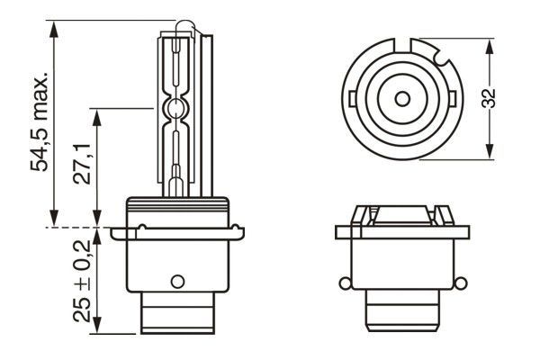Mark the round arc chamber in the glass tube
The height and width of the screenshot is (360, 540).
[176, 111]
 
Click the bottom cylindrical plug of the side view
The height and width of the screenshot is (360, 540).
[176, 317]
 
